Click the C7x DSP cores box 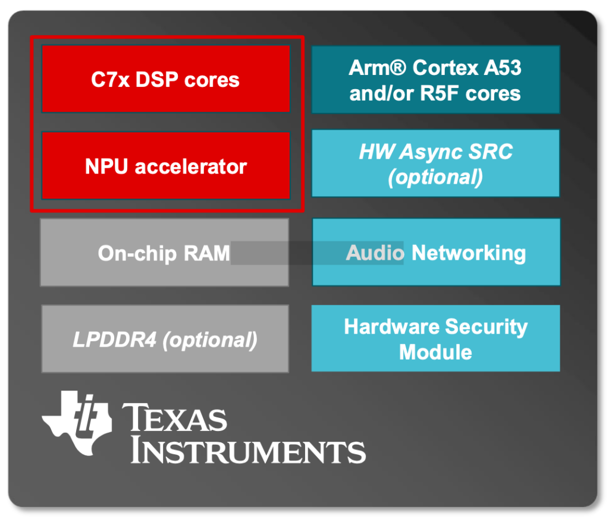(x=165, y=79)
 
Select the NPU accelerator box (x=165, y=166)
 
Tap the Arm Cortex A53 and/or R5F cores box (x=435, y=80)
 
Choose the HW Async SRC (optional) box (x=435, y=163)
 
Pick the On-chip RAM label (x=164, y=253)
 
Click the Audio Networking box (x=435, y=252)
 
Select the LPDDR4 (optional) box (x=165, y=339)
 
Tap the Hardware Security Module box (x=435, y=339)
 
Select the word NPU (x=107, y=166)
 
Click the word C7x (x=110, y=80)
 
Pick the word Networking (x=469, y=253)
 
